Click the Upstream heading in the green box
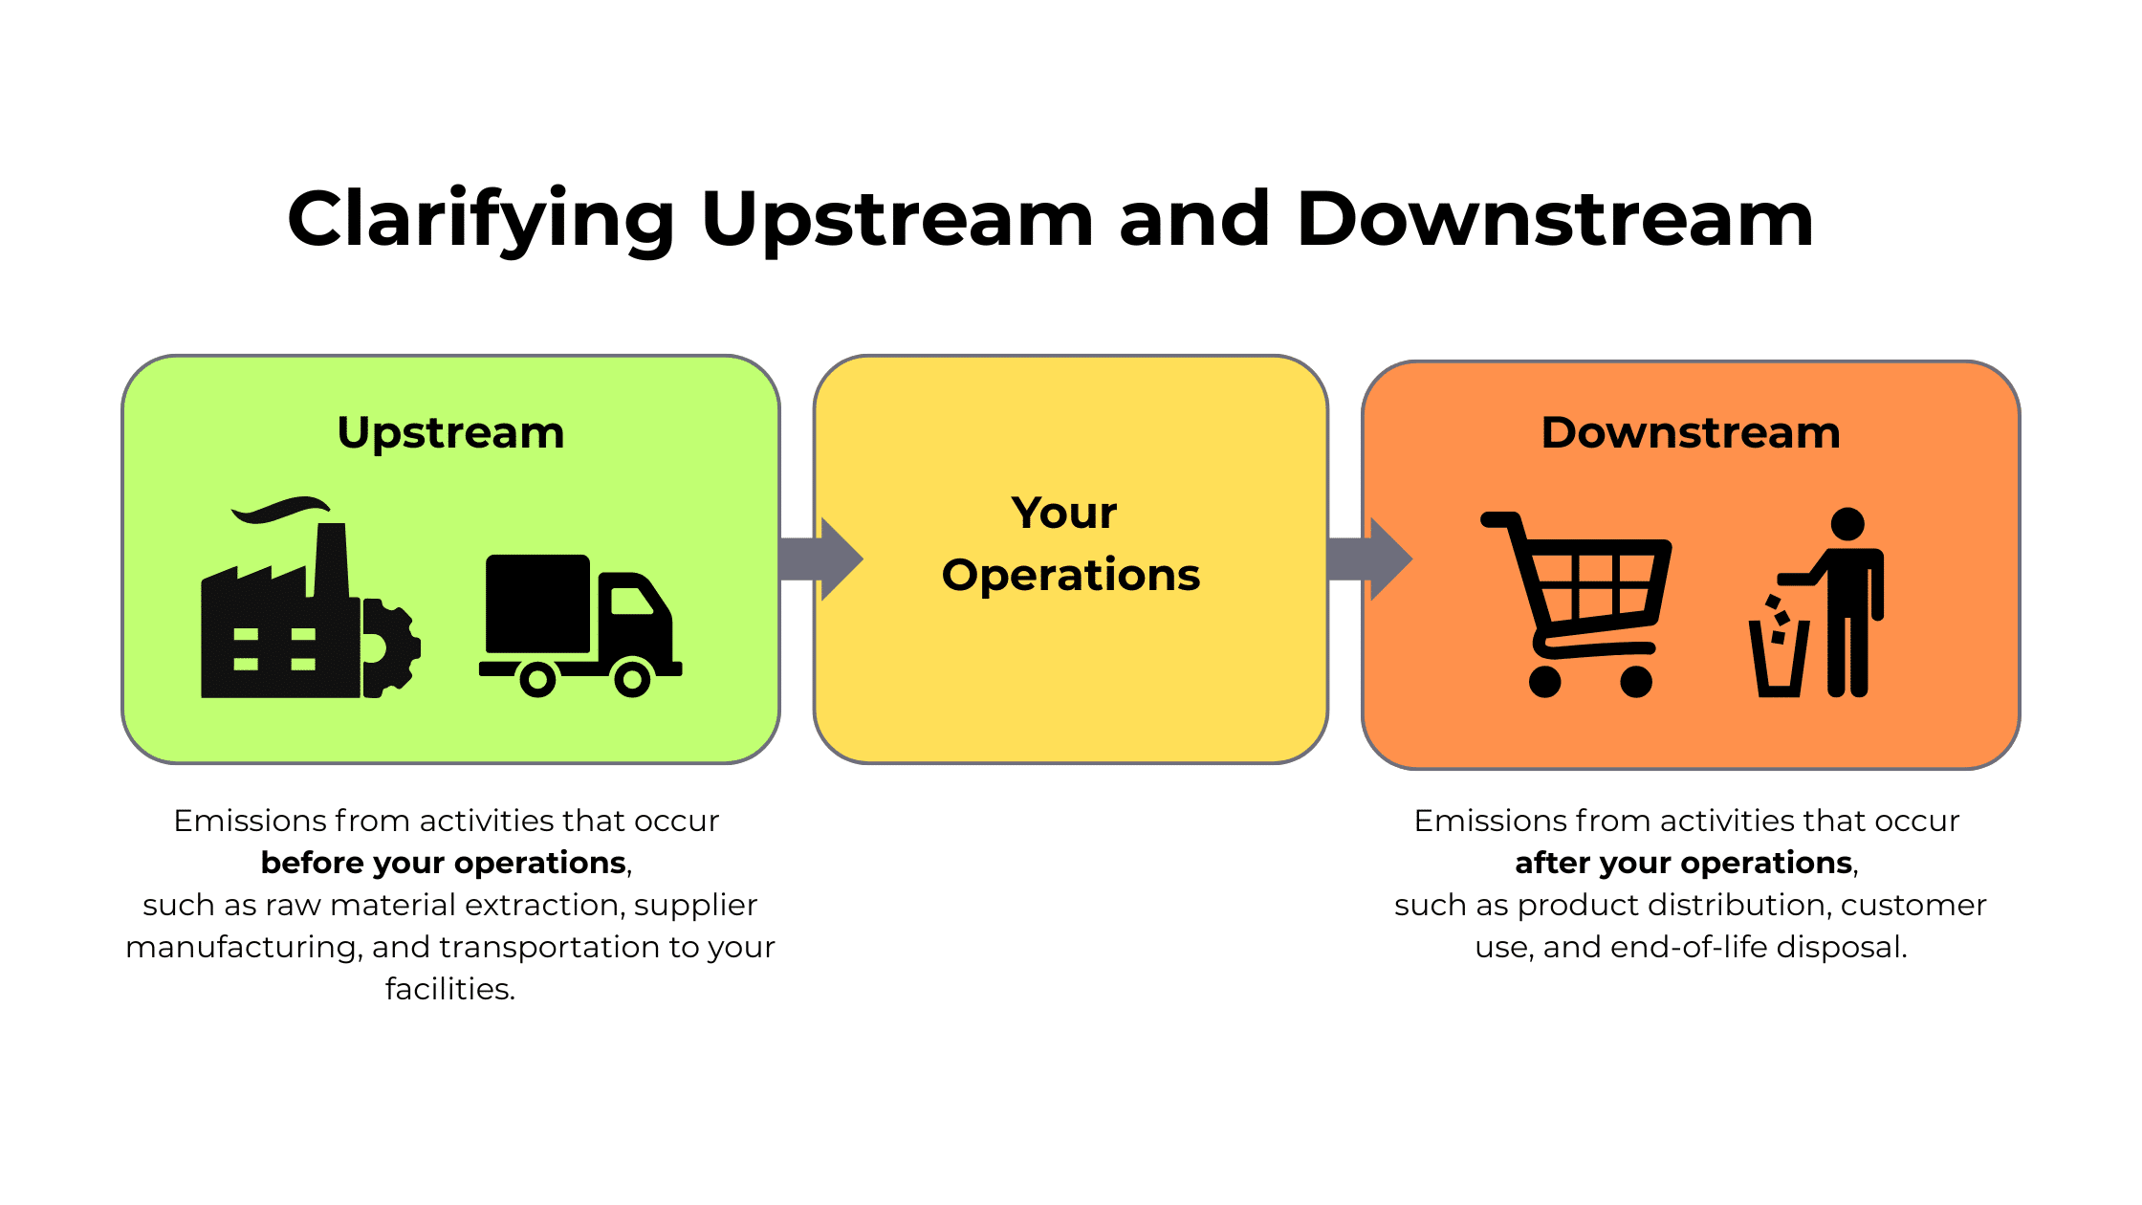(450, 433)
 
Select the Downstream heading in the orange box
(1691, 433)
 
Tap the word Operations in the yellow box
(1070, 575)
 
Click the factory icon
(277, 622)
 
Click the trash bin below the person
(1779, 659)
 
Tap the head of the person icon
(1847, 524)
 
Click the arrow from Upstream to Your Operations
(820, 559)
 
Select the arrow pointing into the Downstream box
(1368, 559)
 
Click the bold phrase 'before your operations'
(444, 863)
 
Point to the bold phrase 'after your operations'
(1684, 863)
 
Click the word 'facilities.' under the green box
(450, 989)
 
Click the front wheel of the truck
(632, 679)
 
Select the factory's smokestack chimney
(331, 559)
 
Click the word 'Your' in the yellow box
(1064, 514)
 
